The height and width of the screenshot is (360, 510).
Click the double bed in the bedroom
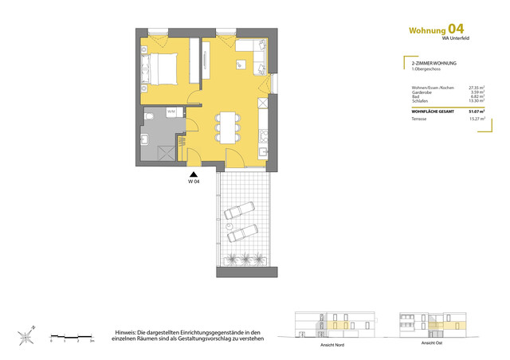(x=165, y=67)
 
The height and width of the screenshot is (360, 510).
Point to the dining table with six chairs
(x=227, y=125)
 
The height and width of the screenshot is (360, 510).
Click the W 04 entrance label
(x=193, y=182)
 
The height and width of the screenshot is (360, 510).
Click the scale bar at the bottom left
(x=72, y=336)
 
